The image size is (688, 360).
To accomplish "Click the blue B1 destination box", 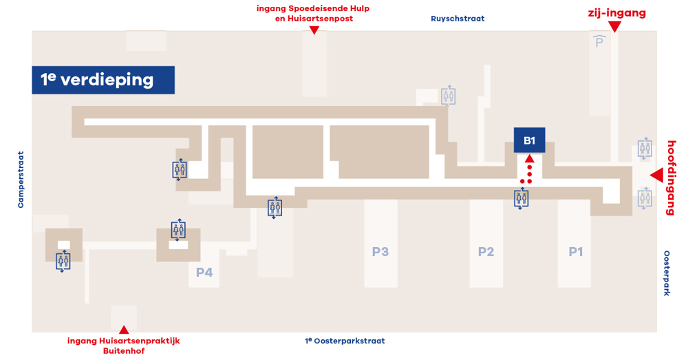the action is coord(529,140).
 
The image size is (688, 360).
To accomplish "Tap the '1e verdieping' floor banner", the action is coord(103,80).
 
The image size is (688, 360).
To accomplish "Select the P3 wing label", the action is coord(380,251).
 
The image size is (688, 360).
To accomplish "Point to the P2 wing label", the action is coord(486,251).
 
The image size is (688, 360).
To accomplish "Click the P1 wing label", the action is coord(576,251).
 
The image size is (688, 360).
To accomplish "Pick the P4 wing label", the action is coord(204,272).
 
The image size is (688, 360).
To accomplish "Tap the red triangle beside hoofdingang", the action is coord(657,176).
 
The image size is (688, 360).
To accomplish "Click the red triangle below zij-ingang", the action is coord(615,27).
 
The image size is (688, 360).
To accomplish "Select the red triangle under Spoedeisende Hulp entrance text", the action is coord(314,30).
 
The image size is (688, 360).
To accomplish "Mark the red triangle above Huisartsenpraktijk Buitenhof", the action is coord(124,330).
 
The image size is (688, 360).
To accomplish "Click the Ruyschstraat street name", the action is coord(458,19).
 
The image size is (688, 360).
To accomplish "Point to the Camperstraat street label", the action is coord(21,180).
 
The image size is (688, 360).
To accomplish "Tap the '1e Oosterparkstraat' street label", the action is coord(345,341).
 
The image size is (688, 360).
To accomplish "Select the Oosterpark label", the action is coord(667,273).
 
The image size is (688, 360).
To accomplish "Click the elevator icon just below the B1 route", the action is coord(522,198).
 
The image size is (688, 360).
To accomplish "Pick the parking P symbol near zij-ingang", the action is coord(599,41).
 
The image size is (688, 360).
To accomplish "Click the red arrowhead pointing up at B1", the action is coord(530,158).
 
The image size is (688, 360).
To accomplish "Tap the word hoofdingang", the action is coord(671,178).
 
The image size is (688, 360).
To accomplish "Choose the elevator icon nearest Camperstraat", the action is coord(63,261).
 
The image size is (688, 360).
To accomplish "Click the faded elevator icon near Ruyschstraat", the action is coord(448,96).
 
